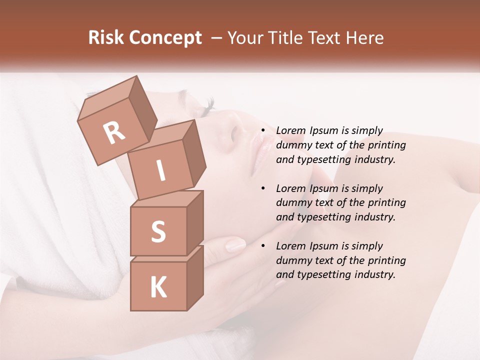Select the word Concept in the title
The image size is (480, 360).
(x=165, y=38)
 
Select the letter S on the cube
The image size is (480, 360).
(x=158, y=231)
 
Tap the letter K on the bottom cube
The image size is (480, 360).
(x=158, y=287)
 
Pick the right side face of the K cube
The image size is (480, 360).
(x=195, y=277)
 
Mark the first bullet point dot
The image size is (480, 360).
(x=263, y=131)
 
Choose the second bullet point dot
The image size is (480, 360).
(x=263, y=188)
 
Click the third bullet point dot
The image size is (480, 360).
(x=263, y=246)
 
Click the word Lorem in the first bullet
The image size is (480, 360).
(x=290, y=130)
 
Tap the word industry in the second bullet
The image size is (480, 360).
(x=375, y=217)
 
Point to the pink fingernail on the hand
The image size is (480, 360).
(x=235, y=244)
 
